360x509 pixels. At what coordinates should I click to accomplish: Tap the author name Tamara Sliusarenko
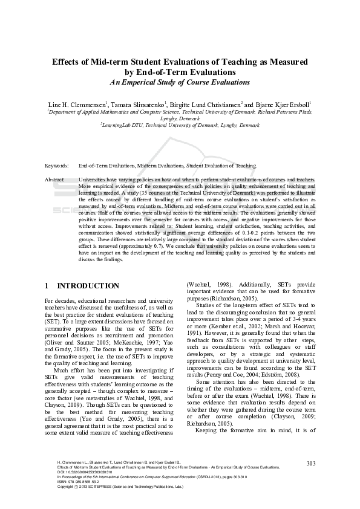pyautogui.click(x=139, y=103)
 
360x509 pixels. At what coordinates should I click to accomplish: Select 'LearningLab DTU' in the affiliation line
pyautogui.click(x=123, y=124)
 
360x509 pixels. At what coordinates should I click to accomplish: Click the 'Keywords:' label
pyautogui.click(x=57, y=165)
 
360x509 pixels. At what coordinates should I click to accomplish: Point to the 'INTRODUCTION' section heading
pyautogui.click(x=88, y=285)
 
